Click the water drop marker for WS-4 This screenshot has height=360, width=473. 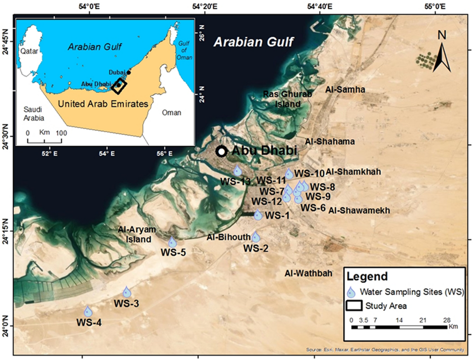(88, 311)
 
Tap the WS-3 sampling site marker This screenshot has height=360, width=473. (127, 292)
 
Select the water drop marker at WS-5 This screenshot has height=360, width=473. (172, 242)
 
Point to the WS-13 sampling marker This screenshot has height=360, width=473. (238, 170)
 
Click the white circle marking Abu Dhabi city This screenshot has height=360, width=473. (221, 151)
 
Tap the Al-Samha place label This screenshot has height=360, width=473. (345, 89)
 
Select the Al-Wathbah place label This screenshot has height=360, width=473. (308, 273)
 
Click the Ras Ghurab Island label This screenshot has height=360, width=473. (287, 99)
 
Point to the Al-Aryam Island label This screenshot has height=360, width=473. (137, 234)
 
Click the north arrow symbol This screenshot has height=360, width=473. (442, 53)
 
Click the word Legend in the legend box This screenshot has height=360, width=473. (367, 277)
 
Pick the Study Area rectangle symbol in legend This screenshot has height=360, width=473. (354, 306)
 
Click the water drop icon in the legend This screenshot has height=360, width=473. (351, 293)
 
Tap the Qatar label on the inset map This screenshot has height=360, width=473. (29, 51)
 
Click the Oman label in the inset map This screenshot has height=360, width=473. (171, 113)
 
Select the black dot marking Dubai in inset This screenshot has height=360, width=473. (129, 72)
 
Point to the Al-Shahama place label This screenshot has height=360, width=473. (330, 141)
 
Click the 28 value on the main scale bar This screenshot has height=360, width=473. (447, 320)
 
